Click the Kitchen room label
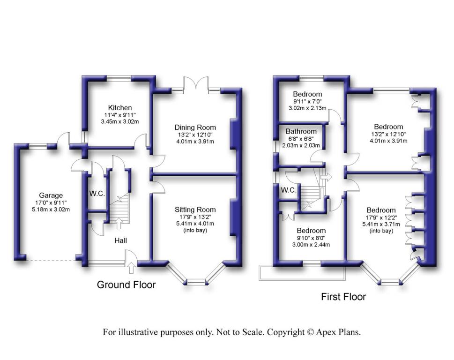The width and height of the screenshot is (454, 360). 120,108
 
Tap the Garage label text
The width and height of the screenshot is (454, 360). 51,195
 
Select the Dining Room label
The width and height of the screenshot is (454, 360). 195,127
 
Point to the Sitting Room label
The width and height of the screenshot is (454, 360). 195,210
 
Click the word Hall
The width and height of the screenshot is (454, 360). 120,240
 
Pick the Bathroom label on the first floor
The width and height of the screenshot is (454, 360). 301,131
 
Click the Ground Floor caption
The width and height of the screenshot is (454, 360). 126,285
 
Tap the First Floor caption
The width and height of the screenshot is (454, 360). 344,297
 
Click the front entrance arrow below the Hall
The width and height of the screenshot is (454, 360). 131,268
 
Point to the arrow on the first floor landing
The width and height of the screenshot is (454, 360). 326,177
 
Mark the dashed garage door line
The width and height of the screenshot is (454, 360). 51,261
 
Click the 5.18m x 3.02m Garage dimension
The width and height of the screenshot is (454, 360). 51,210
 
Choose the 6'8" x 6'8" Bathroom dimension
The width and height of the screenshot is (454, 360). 301,139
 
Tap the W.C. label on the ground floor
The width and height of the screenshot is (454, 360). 97,194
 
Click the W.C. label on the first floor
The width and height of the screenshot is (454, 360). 289,190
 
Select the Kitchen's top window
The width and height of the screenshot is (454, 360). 119,78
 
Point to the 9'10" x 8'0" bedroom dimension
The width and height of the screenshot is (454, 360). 311,238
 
